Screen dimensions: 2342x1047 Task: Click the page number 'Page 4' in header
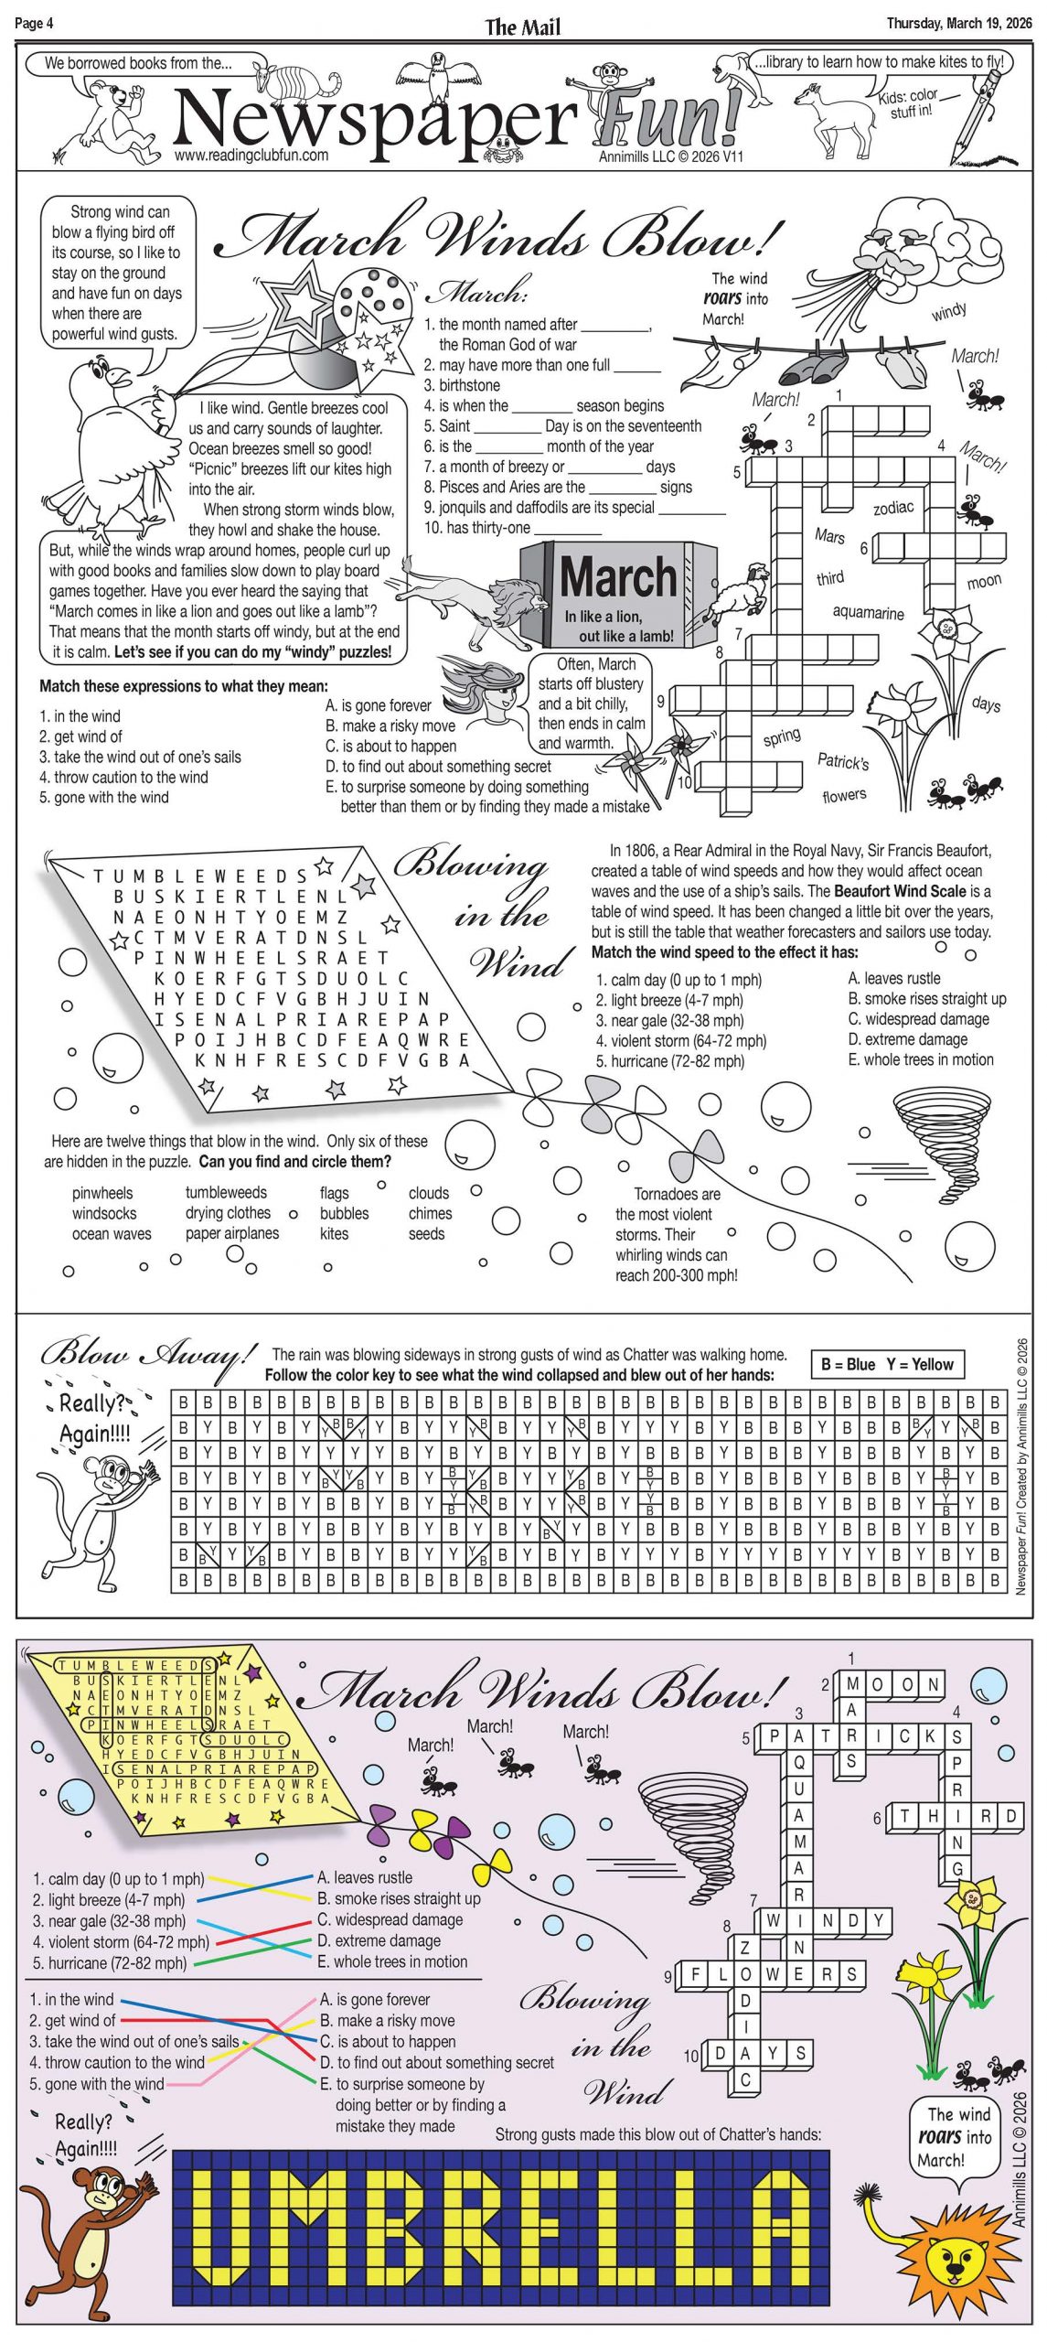coord(34,23)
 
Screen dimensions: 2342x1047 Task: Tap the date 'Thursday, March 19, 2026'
coord(958,23)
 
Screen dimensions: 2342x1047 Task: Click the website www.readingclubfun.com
coord(251,156)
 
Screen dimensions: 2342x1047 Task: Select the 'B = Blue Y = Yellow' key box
coord(886,1364)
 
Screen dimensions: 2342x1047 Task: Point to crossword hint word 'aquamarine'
coord(867,612)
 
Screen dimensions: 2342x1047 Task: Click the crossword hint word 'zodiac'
coord(892,507)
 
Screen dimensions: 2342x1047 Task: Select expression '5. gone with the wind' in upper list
coord(104,797)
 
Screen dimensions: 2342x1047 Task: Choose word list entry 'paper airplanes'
coord(232,1233)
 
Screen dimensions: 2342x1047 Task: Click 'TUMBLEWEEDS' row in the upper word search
coord(201,876)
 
